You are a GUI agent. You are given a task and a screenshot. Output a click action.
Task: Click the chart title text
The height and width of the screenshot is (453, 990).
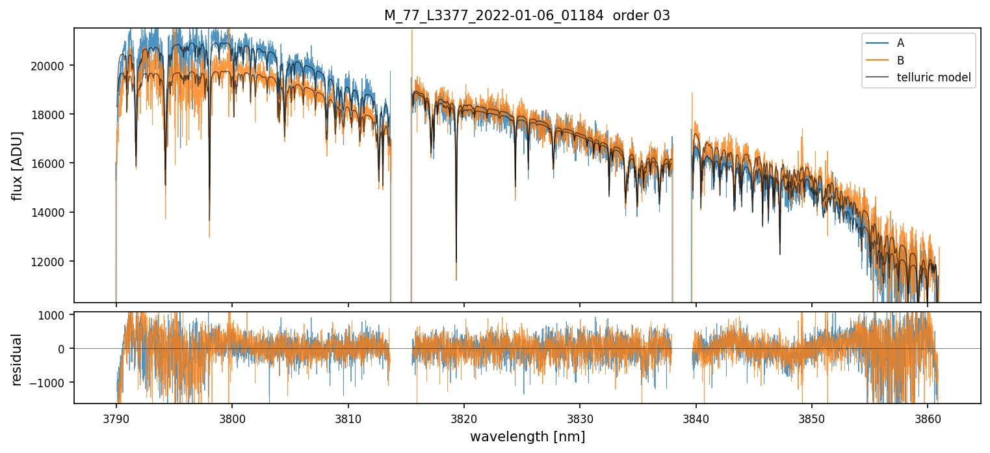(527, 16)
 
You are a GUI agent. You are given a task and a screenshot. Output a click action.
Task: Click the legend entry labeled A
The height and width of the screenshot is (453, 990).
(900, 43)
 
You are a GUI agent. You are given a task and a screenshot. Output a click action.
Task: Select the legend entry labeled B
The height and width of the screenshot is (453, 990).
(900, 61)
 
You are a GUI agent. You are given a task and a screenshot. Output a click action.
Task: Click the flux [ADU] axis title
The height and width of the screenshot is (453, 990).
(18, 165)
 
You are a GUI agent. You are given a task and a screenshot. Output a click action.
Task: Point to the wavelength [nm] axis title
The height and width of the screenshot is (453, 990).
(527, 437)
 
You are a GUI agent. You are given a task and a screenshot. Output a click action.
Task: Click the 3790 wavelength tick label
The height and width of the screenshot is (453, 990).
(116, 417)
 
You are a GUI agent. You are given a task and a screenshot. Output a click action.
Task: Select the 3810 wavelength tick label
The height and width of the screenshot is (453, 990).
(348, 417)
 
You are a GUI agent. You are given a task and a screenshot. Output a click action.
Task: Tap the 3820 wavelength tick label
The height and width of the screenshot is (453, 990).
(464, 417)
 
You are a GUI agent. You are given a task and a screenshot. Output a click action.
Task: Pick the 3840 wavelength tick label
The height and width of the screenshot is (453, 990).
(696, 417)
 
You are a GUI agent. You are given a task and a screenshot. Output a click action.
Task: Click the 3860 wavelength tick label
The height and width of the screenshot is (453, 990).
(928, 417)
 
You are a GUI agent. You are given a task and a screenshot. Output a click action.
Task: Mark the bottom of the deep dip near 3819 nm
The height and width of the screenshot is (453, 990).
(456, 279)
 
